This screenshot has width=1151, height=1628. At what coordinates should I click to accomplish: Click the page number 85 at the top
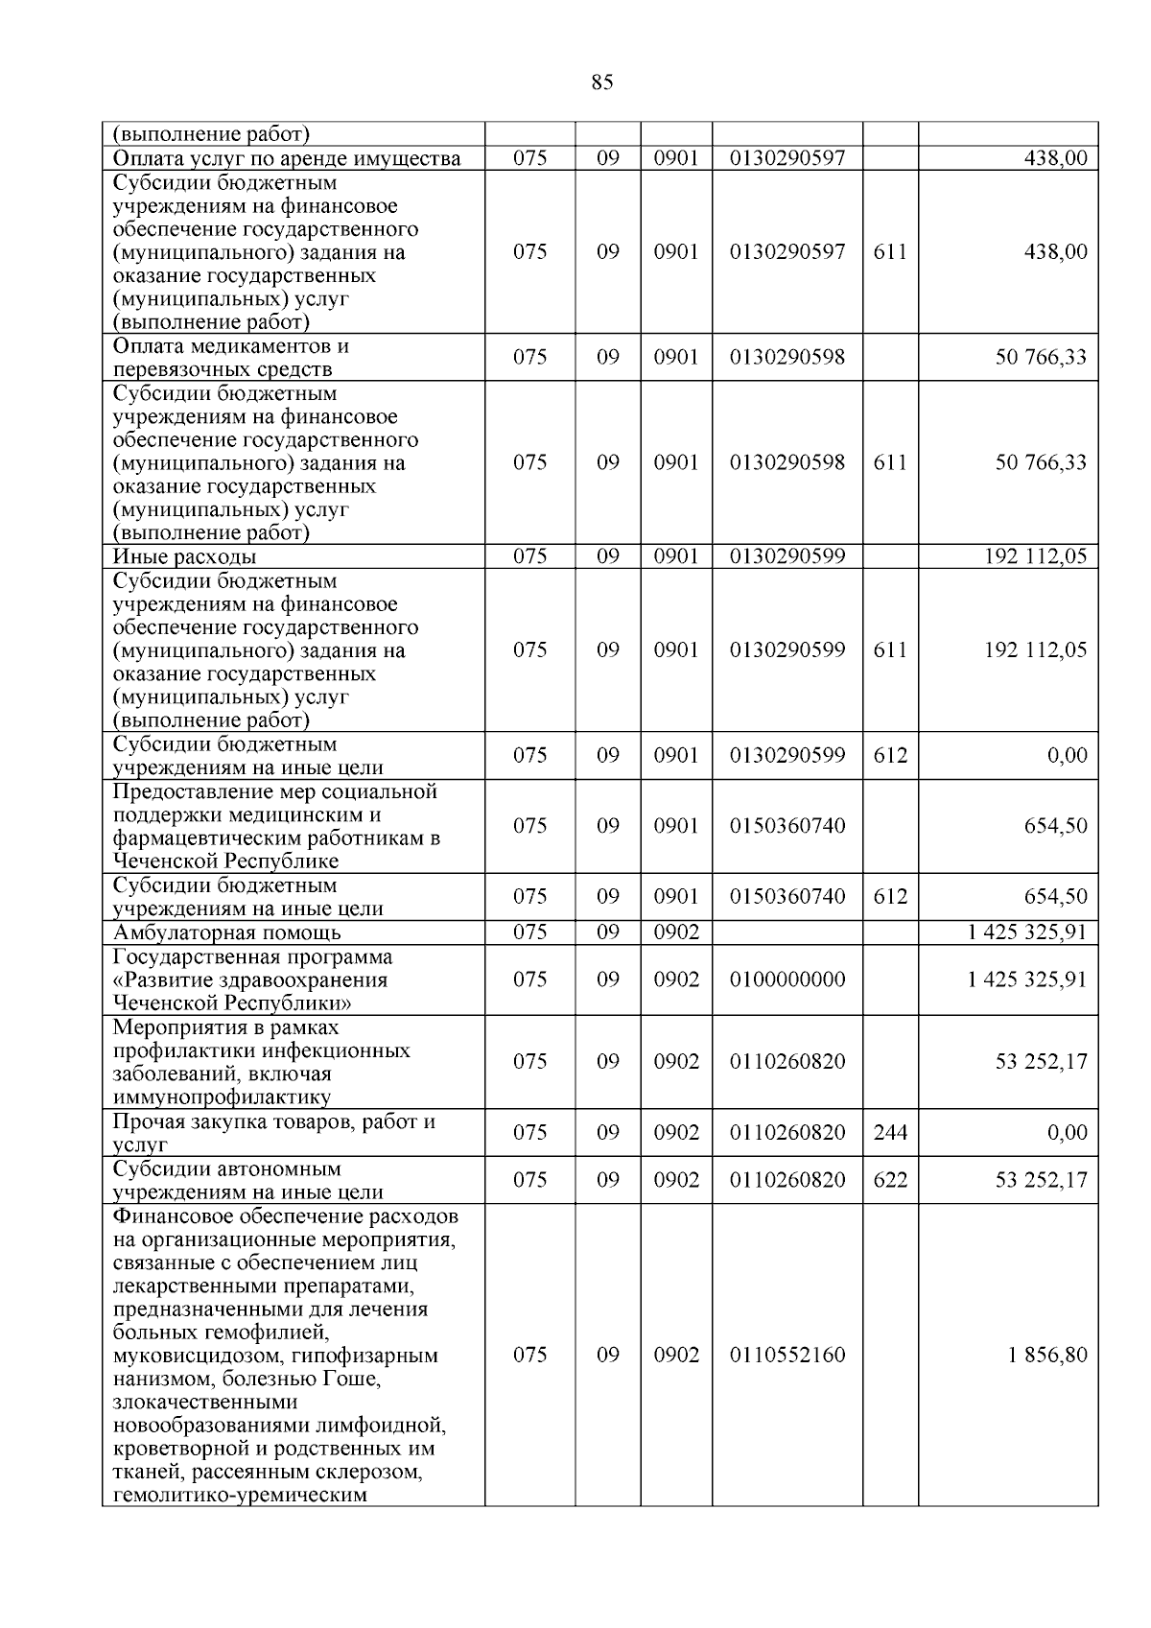point(601,83)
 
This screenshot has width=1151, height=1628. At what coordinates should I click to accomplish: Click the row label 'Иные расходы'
point(184,557)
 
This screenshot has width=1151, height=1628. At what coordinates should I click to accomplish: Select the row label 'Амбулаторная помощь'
point(226,932)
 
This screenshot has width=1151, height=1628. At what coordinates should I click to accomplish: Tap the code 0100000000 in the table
point(787,979)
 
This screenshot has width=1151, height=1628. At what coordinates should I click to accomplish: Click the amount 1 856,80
point(1047,1355)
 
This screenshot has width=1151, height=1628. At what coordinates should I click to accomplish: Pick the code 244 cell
point(890,1133)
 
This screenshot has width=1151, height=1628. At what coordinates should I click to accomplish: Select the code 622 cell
point(890,1180)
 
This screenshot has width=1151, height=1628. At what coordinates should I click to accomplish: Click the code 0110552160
point(787,1355)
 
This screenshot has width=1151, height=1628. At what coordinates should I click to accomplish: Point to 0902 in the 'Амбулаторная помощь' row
point(676,932)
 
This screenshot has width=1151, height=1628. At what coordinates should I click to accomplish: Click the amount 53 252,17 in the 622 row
point(1041,1180)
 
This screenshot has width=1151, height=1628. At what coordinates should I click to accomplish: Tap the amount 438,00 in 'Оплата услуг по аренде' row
point(1056,158)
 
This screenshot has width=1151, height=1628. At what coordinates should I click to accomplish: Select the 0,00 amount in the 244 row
point(1067,1133)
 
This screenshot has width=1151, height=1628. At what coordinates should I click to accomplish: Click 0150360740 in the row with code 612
point(787,897)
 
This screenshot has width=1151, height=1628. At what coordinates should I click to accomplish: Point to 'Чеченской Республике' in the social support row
point(225,861)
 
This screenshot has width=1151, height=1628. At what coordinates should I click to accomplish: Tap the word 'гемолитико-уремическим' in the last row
point(240,1495)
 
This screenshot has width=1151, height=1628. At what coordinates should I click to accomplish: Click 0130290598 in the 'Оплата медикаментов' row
point(787,357)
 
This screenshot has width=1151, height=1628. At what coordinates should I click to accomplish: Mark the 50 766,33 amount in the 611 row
point(1041,462)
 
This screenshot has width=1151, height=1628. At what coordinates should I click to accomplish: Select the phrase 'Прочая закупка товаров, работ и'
point(274,1121)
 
